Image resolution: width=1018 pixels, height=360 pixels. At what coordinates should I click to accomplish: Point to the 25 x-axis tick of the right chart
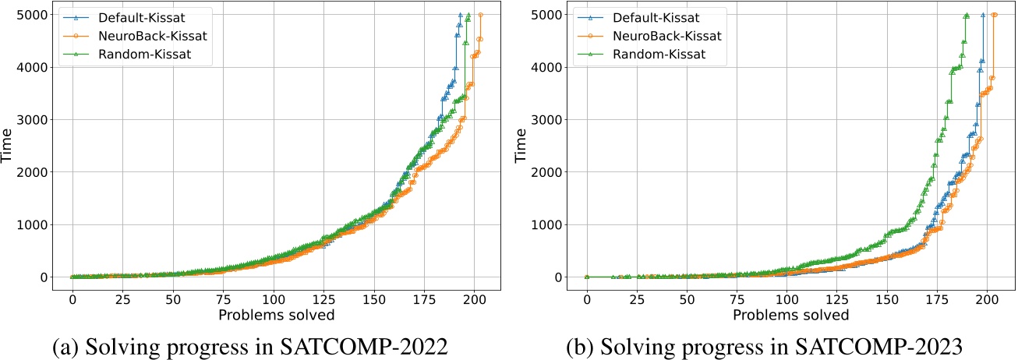638,298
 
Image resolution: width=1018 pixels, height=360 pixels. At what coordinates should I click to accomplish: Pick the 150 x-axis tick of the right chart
888,298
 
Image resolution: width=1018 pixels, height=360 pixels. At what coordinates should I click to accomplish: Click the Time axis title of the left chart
9,146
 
